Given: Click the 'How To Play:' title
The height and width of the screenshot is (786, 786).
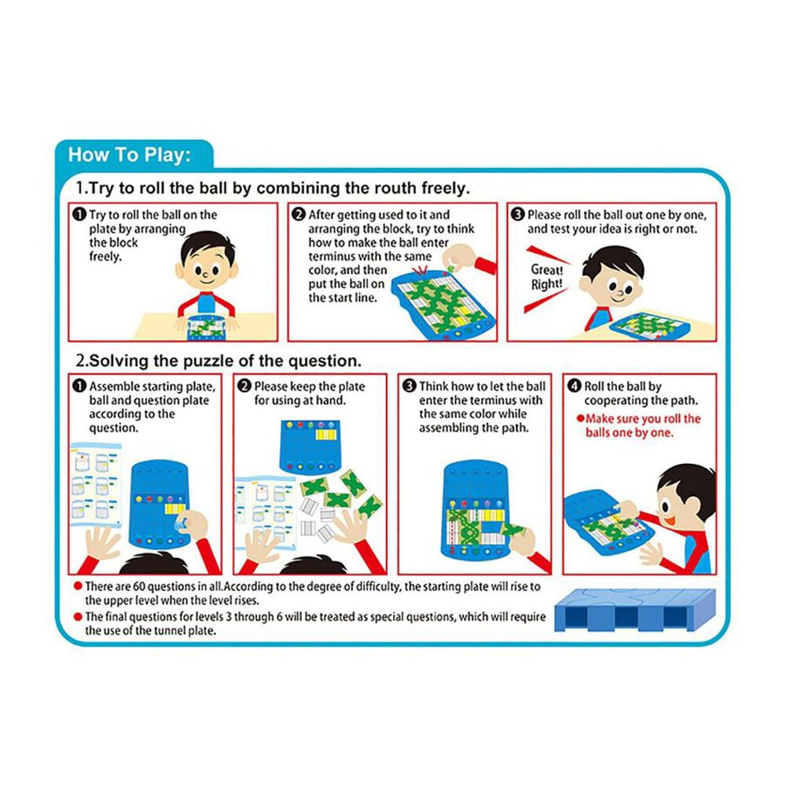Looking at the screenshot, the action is (x=130, y=154).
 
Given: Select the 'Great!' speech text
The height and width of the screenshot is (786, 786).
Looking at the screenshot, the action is (x=547, y=270).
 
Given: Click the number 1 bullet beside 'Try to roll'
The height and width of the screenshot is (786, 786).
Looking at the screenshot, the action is (x=79, y=215).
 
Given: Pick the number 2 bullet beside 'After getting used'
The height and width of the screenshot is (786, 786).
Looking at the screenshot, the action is (x=299, y=215).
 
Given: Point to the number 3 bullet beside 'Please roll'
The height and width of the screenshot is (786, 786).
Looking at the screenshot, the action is (x=518, y=215).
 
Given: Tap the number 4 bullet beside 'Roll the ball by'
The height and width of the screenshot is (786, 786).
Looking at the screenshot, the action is (x=574, y=386).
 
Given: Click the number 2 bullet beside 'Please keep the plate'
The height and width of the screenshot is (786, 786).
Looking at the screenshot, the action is (x=244, y=386).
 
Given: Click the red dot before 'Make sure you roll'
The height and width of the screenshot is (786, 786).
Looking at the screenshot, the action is (x=581, y=418).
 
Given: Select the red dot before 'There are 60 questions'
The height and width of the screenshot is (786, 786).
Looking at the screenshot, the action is (x=78, y=586).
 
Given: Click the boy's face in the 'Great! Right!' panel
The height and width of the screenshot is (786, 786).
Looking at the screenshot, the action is (x=612, y=281).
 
